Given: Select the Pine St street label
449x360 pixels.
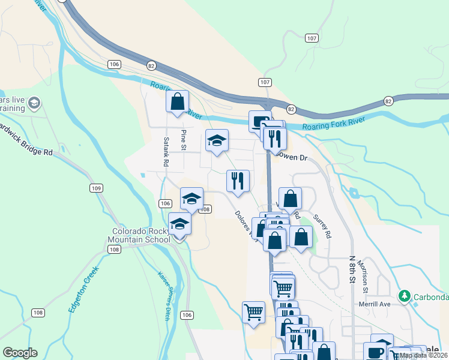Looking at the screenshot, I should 184,139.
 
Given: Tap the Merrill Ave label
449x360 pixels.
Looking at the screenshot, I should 373,304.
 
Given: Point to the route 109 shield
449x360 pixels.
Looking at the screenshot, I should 96,188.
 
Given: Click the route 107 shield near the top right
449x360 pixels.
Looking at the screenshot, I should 311,38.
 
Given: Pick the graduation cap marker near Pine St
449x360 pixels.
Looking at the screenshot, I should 217,141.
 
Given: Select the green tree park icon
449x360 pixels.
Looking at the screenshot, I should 405,296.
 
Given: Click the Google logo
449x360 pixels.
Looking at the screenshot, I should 20,353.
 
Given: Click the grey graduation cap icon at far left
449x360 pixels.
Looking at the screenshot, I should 34,104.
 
